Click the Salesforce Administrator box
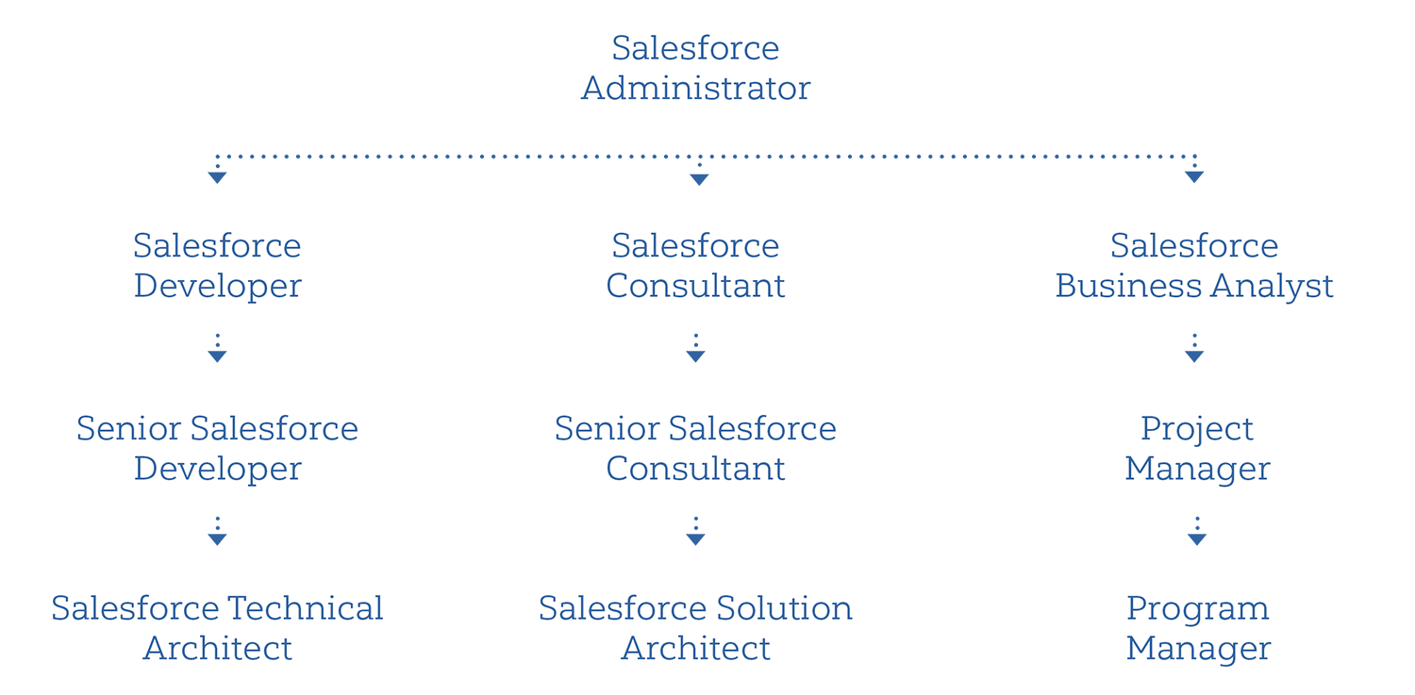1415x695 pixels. (695, 67)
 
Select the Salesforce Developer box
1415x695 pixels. (217, 264)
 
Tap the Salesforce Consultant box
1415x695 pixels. (695, 264)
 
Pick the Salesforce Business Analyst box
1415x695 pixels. (1194, 264)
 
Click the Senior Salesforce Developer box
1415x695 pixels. (217, 447)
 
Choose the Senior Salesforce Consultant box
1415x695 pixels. (695, 447)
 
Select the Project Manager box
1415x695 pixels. (1196, 447)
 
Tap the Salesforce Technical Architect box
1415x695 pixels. (217, 627)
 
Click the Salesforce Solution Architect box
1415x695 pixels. (695, 627)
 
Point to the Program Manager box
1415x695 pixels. (1197, 627)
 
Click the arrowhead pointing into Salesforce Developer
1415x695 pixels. (217, 177)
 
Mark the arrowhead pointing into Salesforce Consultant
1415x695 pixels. (699, 179)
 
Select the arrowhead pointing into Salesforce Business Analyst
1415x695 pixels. (1194, 177)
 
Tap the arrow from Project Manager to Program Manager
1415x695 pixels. (1196, 534)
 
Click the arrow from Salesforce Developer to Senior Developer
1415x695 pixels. (217, 351)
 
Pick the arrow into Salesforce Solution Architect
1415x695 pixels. (695, 534)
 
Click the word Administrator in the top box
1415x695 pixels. (695, 88)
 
